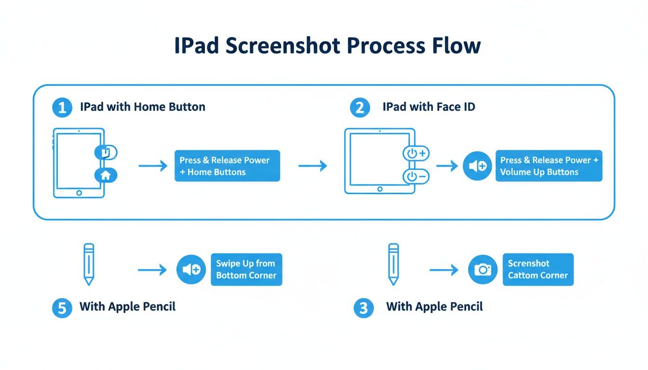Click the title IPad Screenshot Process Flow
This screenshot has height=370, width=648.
[327, 46]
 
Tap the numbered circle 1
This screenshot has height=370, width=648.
[62, 107]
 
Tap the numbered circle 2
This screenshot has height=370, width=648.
[360, 107]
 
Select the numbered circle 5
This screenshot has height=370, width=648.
[62, 308]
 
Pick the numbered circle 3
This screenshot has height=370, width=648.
[364, 308]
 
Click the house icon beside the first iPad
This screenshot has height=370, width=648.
[106, 175]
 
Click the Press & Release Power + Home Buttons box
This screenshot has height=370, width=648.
[227, 166]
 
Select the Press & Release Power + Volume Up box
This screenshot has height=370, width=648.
[549, 166]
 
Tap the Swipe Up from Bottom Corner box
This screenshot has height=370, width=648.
[246, 269]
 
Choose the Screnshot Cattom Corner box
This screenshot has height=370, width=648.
[538, 269]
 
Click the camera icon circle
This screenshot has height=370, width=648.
[483, 269]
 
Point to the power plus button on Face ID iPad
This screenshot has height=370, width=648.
[416, 154]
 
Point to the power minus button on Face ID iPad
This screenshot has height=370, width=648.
[416, 177]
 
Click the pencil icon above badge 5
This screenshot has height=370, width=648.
[89, 264]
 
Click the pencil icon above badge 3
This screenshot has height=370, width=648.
[393, 264]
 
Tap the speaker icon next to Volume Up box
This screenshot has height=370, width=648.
[477, 166]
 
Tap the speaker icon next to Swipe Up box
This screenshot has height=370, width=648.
[191, 269]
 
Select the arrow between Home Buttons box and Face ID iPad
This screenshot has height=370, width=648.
[312, 166]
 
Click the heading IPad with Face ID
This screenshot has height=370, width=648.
[429, 107]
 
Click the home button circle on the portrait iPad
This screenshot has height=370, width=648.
[79, 193]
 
